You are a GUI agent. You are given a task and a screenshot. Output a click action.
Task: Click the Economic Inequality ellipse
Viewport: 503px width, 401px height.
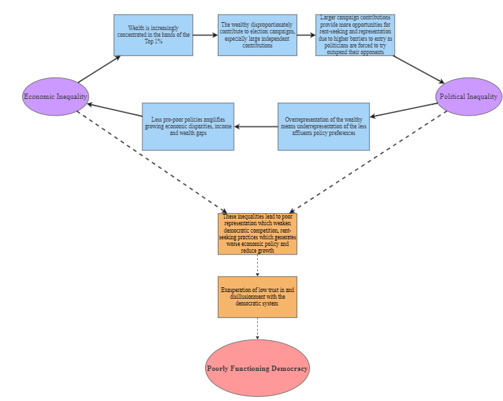click(x=55, y=96)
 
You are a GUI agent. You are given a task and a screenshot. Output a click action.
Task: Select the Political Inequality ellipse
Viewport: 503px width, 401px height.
click(x=468, y=96)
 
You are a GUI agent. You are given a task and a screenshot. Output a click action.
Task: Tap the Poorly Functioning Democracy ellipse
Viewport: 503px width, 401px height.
click(x=257, y=368)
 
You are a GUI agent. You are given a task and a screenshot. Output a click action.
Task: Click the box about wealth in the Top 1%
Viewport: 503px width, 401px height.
click(x=153, y=35)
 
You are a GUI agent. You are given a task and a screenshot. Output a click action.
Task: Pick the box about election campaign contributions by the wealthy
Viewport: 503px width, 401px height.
click(x=257, y=35)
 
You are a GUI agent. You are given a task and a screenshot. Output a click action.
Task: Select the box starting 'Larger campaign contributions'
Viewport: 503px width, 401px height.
click(x=355, y=35)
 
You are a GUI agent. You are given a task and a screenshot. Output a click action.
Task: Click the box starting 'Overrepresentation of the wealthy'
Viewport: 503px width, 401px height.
click(x=323, y=126)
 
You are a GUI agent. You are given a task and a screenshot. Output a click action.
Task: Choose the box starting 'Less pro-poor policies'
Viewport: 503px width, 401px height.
click(x=188, y=126)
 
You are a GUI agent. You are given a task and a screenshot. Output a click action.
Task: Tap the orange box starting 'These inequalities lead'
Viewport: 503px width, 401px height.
click(x=257, y=233)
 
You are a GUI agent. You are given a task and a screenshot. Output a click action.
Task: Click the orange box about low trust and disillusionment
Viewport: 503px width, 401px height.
click(x=257, y=297)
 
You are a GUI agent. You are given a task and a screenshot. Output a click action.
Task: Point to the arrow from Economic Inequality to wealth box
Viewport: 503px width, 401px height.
click(x=99, y=70)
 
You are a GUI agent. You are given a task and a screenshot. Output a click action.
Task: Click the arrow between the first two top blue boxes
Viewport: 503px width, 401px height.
click(x=205, y=35)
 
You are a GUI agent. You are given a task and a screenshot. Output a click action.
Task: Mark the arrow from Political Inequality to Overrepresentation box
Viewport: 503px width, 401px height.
click(x=404, y=111)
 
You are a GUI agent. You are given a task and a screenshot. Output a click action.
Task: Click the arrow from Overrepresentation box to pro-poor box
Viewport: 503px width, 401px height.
click(x=256, y=126)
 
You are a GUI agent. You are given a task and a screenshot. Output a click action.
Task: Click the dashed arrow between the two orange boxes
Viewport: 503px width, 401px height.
click(x=257, y=265)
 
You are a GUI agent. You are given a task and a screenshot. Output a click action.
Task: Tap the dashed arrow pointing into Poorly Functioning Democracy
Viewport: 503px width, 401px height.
click(x=257, y=328)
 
